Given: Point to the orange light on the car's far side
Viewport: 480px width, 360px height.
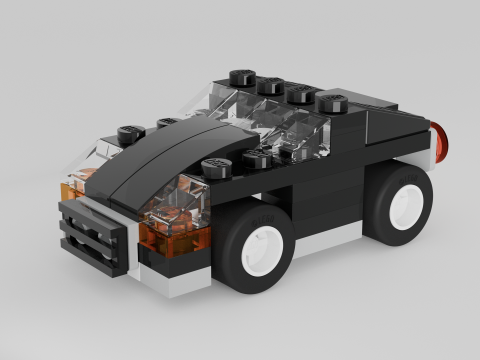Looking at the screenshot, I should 72,187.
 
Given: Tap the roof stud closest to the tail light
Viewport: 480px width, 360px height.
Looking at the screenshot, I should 330,101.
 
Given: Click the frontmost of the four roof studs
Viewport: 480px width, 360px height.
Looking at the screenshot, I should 241,76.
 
